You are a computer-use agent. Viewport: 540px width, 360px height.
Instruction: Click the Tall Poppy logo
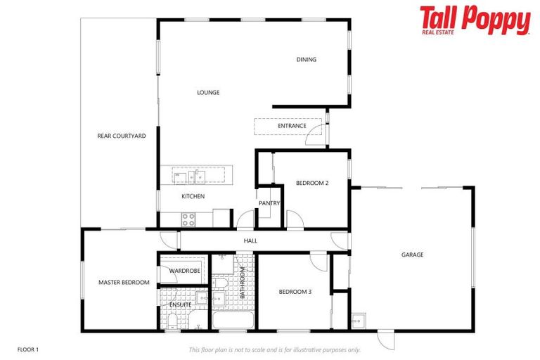point(475,20)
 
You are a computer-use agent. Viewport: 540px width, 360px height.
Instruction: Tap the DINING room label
point(307,60)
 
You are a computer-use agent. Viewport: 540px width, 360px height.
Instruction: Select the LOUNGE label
point(208,92)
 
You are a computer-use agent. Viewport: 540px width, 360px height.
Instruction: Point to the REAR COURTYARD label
point(122,136)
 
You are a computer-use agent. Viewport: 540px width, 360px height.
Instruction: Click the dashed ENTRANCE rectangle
point(288,127)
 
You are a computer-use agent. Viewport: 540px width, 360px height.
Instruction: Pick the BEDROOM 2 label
point(312,183)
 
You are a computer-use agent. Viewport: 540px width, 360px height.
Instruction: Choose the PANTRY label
point(269,203)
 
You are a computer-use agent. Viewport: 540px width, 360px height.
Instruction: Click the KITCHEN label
point(193,196)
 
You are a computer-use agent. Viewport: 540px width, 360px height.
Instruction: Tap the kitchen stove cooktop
point(188,219)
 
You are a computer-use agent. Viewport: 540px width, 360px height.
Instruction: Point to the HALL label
point(250,240)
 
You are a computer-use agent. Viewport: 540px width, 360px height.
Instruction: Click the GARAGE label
point(412,255)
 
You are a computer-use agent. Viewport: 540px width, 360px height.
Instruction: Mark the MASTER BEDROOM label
point(124,283)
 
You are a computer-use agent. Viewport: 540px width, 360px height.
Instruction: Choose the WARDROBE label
point(185,271)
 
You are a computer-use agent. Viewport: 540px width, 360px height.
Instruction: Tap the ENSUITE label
point(180,304)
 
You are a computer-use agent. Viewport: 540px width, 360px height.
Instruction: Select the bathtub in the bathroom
point(233,322)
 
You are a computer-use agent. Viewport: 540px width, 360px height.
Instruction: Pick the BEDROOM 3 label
point(295,292)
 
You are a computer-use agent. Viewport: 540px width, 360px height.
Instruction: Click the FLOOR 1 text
point(28,349)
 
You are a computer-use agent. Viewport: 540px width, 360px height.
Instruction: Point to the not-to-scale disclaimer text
point(274,349)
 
